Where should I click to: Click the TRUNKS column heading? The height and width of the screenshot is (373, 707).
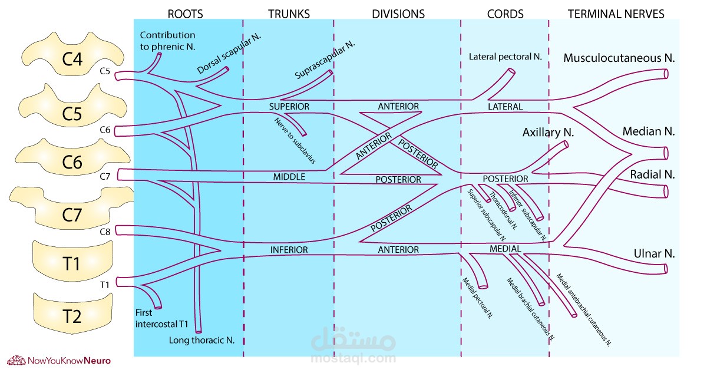pos(289,14)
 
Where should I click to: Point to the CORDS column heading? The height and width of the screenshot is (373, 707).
pos(505,14)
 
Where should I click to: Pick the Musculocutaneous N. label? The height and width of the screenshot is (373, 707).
pos(619,58)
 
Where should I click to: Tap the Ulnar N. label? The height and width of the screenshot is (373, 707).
pos(652,254)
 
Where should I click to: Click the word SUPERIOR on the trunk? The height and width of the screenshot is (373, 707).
pos(289,107)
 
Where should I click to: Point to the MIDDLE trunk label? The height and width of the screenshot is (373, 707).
pos(289,177)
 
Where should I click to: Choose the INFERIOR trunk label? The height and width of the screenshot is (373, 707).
pos(289,250)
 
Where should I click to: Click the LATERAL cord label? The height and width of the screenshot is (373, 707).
pos(505,107)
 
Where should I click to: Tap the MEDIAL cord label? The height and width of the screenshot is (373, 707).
pos(505,249)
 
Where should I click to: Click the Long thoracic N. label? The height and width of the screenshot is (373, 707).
pos(202,340)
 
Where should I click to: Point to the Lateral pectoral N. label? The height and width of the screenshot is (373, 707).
pos(505,57)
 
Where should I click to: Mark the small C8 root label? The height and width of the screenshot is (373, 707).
pos(105,232)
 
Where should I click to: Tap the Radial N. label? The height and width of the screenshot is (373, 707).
pos(652,175)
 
